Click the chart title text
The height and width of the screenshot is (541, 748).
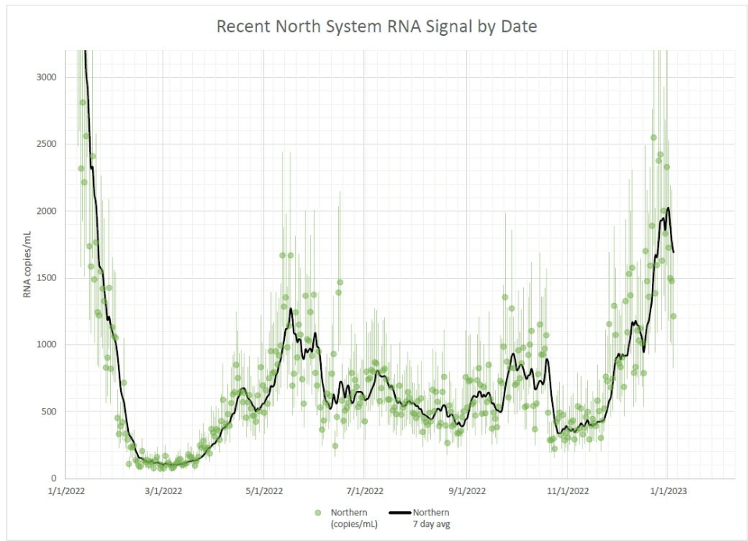[x=376, y=27]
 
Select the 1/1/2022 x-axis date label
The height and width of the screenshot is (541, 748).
[x=64, y=491]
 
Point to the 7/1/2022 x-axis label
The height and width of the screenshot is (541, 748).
[x=365, y=491]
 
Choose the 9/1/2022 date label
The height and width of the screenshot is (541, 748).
[x=466, y=491]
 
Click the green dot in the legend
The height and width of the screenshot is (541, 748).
[x=318, y=512]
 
